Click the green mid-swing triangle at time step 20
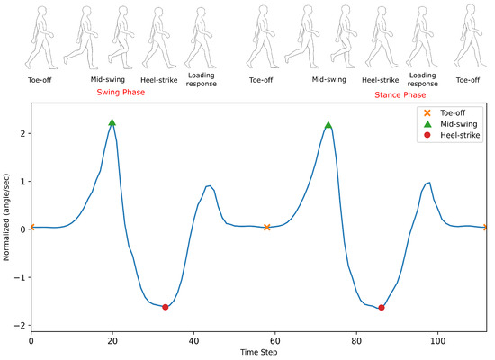click(112, 122)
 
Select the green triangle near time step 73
click(328, 125)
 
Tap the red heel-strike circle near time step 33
click(166, 307)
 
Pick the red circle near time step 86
click(382, 308)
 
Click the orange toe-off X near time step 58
click(267, 228)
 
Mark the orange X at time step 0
click(31, 228)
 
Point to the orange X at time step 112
click(487, 228)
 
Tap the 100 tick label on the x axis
click(438, 342)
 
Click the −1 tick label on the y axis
click(20, 277)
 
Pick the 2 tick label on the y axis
click(22, 133)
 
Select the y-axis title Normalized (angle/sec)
click(7, 217)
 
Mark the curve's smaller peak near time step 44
click(209, 185)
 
